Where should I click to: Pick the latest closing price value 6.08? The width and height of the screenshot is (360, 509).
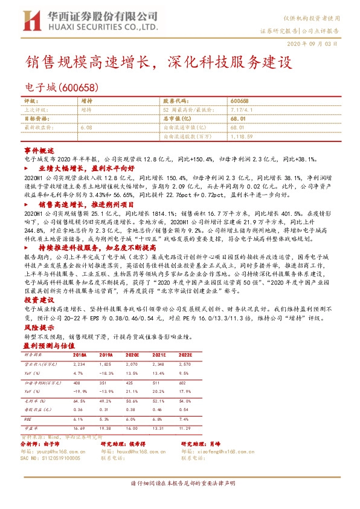pos(85,128)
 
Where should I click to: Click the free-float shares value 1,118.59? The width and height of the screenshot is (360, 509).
pos(242,137)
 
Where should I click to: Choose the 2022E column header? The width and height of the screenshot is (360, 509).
pos(220,355)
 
